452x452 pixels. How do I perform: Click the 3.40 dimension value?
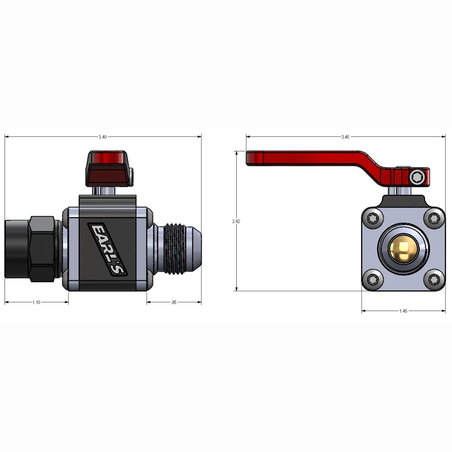pyautogui.click(x=103, y=137)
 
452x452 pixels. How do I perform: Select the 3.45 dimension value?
pyautogui.click(x=345, y=137)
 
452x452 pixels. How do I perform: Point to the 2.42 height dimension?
pyautogui.click(x=236, y=221)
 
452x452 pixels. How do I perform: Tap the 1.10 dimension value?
pyautogui.click(x=36, y=302)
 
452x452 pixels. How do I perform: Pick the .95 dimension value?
pyautogui.click(x=174, y=302)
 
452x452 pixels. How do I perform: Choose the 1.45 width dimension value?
pyautogui.click(x=403, y=311)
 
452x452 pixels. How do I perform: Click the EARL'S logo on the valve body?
pyautogui.click(x=107, y=249)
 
